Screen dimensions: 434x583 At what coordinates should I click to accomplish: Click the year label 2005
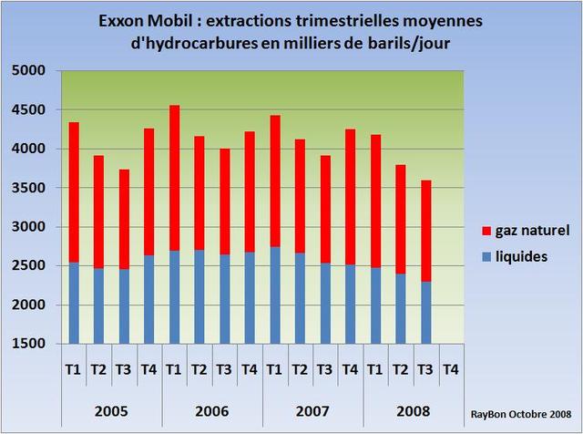click(111, 412)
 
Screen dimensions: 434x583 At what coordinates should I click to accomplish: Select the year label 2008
click(413, 412)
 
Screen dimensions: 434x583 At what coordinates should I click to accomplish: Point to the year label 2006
click(211, 412)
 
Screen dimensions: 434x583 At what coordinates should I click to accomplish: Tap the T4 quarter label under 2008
click(450, 369)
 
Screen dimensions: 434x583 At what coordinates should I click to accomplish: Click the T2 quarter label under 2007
click(300, 369)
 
